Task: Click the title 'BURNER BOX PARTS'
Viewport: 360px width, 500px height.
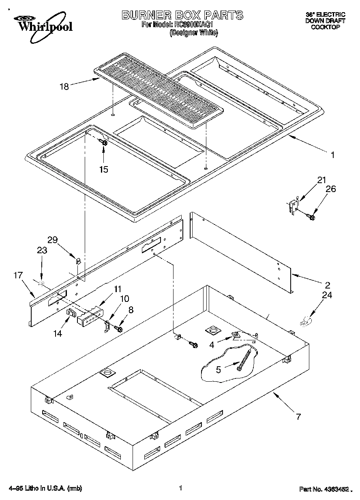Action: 182,15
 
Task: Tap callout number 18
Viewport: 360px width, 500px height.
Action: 64,85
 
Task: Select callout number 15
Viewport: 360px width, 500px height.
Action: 104,169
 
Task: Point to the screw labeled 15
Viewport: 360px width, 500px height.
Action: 103,142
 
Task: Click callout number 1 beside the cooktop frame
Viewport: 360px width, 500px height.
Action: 332,154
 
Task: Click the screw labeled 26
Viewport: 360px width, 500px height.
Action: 311,217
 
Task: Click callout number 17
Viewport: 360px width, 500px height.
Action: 17,275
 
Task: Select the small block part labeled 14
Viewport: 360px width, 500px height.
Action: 71,314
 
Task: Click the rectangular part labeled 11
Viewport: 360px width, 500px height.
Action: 90,317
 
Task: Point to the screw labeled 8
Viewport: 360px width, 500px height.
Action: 119,328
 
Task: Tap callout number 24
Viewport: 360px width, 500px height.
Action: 327,295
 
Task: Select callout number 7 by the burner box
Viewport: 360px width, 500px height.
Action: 298,416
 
